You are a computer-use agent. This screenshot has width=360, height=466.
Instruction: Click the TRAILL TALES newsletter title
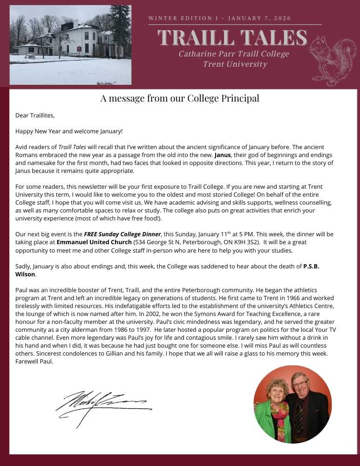point(232,37)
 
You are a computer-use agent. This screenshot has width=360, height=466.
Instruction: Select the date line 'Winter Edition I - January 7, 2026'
point(219,18)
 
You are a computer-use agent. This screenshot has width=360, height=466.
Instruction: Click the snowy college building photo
point(70,45)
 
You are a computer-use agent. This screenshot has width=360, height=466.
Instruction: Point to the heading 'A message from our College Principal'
point(180,98)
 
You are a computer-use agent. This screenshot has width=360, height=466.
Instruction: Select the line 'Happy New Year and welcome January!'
point(69,131)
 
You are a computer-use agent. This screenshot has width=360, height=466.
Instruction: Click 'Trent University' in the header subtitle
point(235,64)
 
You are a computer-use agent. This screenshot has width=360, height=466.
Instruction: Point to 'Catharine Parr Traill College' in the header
point(234,54)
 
